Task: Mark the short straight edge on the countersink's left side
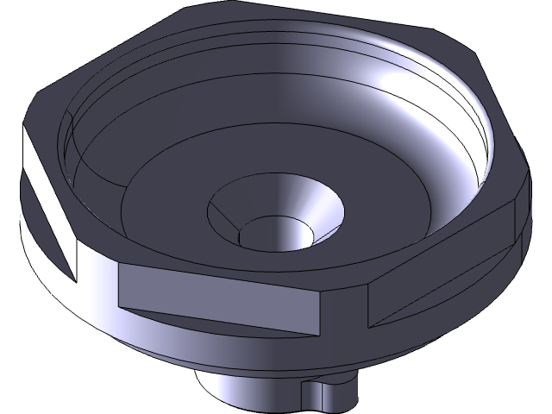[226, 226]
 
